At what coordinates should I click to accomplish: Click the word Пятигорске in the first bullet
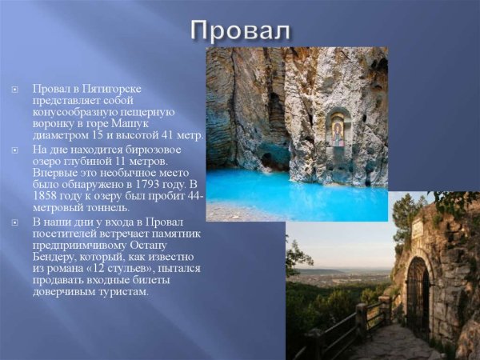(x=112, y=88)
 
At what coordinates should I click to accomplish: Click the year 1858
(x=46, y=196)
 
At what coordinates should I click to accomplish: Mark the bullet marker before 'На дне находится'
(x=14, y=149)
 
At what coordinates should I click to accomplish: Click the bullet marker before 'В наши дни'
(x=14, y=221)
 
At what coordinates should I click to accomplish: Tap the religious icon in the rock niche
(x=338, y=128)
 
